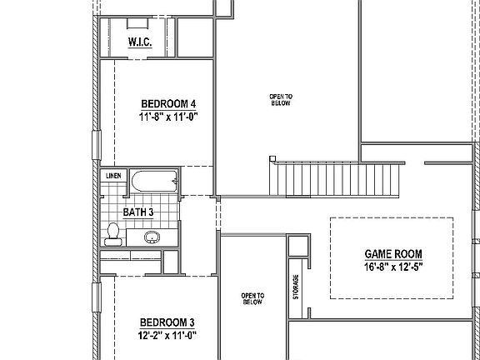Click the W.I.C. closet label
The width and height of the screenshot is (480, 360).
(139, 42)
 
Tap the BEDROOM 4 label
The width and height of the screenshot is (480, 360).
(167, 103)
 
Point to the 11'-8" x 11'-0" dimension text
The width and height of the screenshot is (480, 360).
(167, 117)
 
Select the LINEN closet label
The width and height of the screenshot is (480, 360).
(112, 176)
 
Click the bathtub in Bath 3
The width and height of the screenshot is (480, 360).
(155, 182)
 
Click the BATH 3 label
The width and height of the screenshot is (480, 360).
(138, 212)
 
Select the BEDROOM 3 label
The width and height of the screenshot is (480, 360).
(167, 322)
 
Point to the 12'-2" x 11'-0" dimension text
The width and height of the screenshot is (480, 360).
(167, 337)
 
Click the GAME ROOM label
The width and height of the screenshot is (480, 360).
(393, 254)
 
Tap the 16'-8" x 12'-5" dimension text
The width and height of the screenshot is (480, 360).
(393, 268)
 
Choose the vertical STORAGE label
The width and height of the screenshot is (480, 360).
(296, 287)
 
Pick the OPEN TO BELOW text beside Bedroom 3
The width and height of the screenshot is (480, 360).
(252, 299)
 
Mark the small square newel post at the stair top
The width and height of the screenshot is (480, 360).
(272, 159)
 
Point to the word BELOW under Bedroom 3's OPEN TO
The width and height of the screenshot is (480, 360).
(252, 303)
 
